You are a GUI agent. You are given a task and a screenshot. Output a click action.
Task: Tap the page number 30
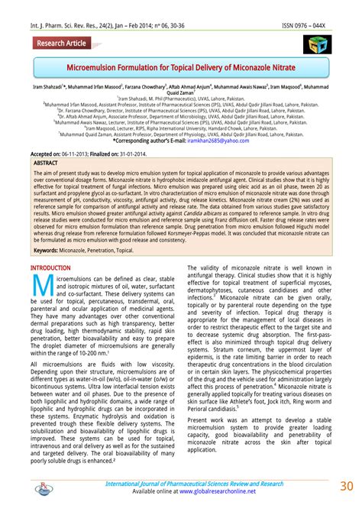[x=344, y=486]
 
